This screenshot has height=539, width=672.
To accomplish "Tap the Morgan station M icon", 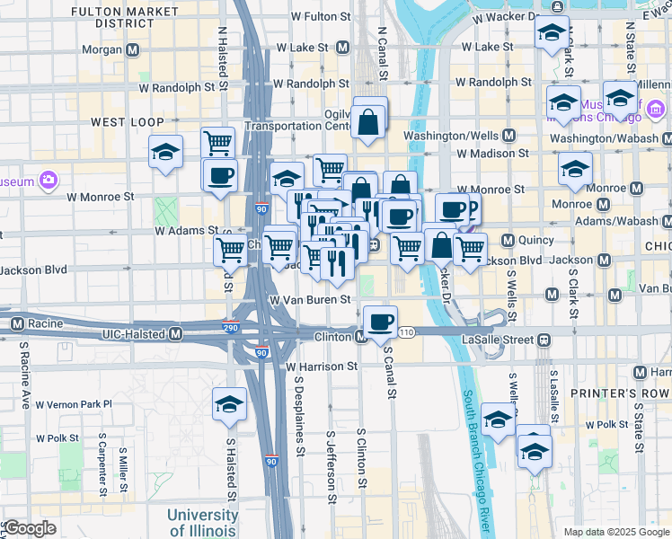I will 133,49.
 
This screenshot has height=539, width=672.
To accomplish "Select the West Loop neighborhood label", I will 127,121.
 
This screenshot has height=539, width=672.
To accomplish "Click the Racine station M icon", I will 17,323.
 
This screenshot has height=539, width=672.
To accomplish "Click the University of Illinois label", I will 202,523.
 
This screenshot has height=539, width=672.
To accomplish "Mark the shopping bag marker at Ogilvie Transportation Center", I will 368,122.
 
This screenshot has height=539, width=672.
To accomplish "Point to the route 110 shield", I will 407,332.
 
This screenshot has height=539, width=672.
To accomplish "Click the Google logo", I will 31,528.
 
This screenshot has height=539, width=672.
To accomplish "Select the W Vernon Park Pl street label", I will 71,404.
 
